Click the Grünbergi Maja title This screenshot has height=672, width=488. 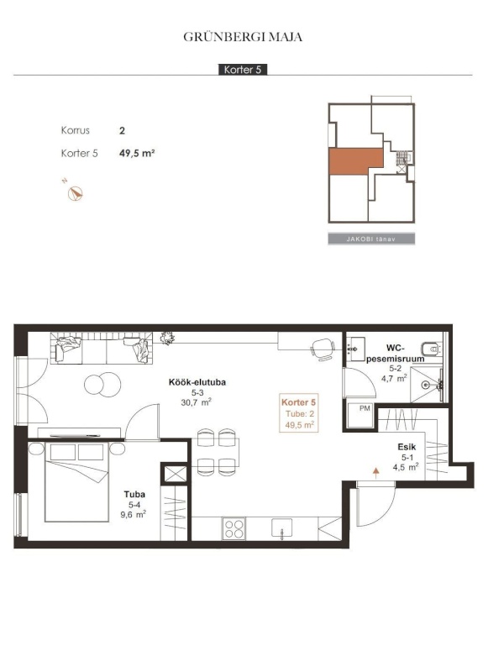click(243, 37)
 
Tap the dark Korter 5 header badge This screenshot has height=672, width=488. click(243, 70)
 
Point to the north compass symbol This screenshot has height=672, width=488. click(76, 194)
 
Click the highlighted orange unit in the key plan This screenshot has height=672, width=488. click(355, 161)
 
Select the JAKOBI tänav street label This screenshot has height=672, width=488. click(371, 239)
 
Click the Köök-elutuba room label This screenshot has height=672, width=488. click(197, 382)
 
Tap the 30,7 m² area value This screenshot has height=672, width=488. click(197, 402)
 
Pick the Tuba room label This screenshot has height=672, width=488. click(134, 494)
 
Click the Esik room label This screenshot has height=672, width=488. click(407, 447)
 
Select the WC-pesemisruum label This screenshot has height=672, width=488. click(395, 353)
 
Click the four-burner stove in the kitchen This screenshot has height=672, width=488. click(234, 528)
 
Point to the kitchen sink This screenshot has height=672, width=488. click(282, 528)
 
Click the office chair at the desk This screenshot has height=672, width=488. click(323, 349)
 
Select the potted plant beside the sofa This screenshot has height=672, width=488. click(167, 339)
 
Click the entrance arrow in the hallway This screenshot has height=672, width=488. click(376, 473)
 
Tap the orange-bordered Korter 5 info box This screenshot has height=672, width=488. click(299, 412)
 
